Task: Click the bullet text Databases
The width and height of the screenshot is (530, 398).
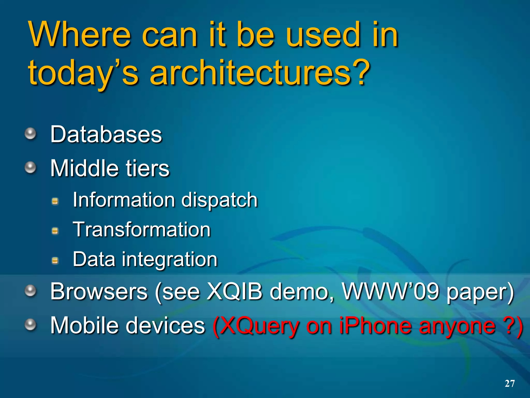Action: pos(106,134)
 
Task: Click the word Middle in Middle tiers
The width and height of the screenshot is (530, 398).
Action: pos(84,168)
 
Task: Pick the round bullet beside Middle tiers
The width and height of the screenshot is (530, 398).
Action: pos(31,168)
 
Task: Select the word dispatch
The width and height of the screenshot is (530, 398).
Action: pos(219,200)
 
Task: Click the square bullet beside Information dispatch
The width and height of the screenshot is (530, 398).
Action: pos(55,201)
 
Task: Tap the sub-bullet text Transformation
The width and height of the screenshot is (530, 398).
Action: pos(142,230)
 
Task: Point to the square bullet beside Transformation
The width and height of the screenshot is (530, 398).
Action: pos(55,231)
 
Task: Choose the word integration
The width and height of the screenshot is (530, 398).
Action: pos(170,259)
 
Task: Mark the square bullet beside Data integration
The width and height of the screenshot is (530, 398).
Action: pos(55,260)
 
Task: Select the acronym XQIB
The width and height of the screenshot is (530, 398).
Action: pos(234,292)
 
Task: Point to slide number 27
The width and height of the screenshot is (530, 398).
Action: pos(510,383)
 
